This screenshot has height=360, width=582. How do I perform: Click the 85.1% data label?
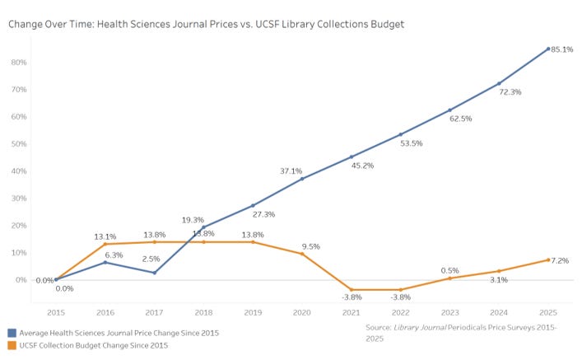point(562,49)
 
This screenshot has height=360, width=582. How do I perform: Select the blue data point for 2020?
point(302,179)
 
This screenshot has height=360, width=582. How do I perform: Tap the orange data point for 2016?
point(105,244)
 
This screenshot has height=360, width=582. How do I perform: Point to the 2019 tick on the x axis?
point(253,313)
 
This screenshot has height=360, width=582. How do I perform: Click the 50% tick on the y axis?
point(19,144)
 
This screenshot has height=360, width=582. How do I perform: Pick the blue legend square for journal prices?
point(12,333)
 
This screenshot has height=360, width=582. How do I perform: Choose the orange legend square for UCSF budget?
point(12,345)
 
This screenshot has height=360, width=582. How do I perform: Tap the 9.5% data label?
point(310,246)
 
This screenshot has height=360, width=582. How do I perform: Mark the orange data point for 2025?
point(548,260)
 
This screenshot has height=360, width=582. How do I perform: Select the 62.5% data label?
point(461,119)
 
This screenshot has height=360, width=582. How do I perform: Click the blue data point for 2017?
point(155,273)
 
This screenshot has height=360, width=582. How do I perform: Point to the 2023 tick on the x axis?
point(449,313)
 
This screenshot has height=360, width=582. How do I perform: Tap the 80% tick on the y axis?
point(19,63)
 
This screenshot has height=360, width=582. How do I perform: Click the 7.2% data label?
point(560,261)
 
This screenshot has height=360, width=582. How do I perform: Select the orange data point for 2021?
point(352,290)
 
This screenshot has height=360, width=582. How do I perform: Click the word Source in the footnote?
point(378,328)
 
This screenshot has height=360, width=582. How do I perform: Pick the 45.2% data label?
point(362,166)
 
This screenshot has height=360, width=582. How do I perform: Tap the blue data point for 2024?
point(499,83)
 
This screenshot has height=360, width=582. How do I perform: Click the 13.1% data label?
point(105,236)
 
